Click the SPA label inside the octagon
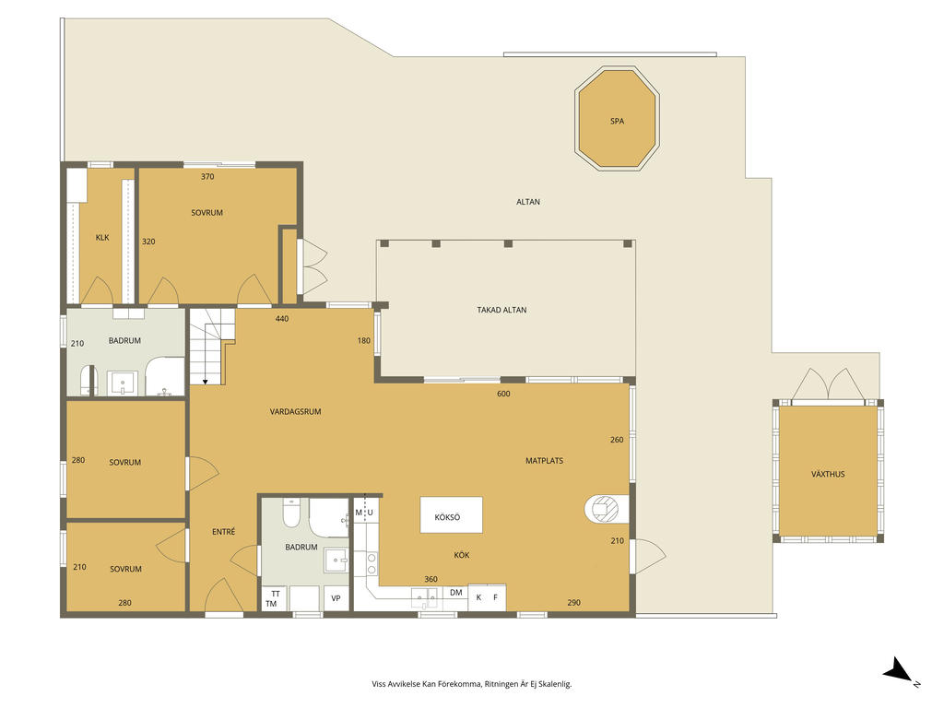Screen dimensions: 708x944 point(617,121)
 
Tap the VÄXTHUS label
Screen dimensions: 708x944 point(828,474)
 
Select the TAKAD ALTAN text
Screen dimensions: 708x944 point(501,310)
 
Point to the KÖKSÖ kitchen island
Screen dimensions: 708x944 point(452,516)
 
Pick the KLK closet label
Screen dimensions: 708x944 point(102,238)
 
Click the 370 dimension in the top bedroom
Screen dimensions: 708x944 point(207,177)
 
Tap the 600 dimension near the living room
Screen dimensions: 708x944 point(503,394)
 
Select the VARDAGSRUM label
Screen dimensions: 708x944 point(295,412)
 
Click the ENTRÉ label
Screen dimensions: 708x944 point(223,531)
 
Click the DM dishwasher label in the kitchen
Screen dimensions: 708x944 point(455,593)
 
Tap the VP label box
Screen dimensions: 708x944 point(336,598)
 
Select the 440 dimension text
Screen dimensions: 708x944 point(283,319)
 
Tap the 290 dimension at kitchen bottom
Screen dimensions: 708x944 point(573,603)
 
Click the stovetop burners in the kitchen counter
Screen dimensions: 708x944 point(372,564)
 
